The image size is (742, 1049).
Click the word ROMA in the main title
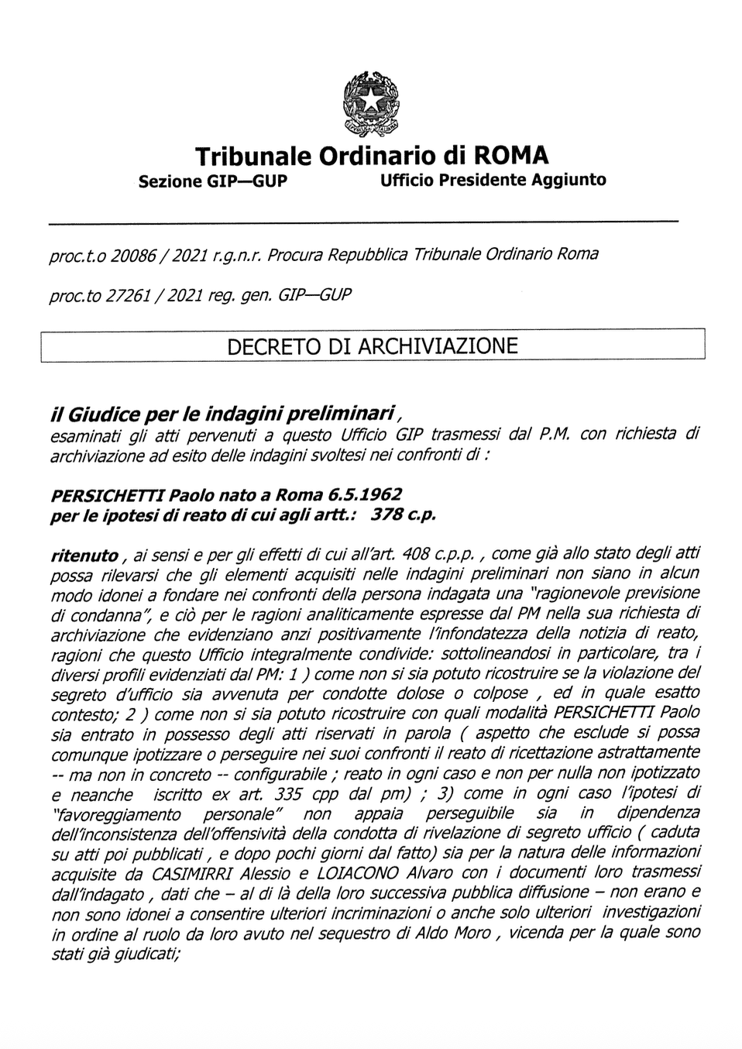(510, 156)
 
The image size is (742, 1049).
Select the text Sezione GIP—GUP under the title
(212, 181)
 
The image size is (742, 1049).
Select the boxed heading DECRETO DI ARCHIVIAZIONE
(372, 346)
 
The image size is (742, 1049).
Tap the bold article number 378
(386, 514)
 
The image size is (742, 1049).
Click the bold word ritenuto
(84, 555)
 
